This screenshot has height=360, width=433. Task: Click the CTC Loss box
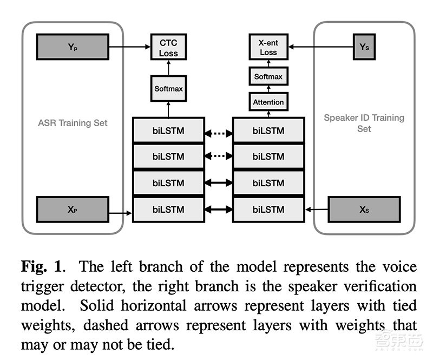168,47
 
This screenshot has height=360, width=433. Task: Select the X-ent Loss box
268,47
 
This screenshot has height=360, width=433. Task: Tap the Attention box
268,102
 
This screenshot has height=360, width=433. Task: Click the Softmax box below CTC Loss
168,88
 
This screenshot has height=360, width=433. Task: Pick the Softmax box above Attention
268,76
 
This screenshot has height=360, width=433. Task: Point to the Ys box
364,47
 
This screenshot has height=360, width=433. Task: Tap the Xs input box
364,210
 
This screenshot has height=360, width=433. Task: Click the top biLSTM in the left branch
168,130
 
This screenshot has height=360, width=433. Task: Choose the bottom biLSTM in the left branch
168,210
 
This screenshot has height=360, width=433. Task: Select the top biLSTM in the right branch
268,130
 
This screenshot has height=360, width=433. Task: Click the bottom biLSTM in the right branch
268,210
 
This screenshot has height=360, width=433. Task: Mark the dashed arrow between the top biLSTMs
218,130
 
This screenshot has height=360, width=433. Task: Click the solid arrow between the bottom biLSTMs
218,210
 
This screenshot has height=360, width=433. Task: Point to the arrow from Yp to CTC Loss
129,47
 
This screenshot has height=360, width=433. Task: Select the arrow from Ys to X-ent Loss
319,47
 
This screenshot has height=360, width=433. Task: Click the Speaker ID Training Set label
364,123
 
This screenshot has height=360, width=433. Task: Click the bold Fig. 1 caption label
41,266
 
